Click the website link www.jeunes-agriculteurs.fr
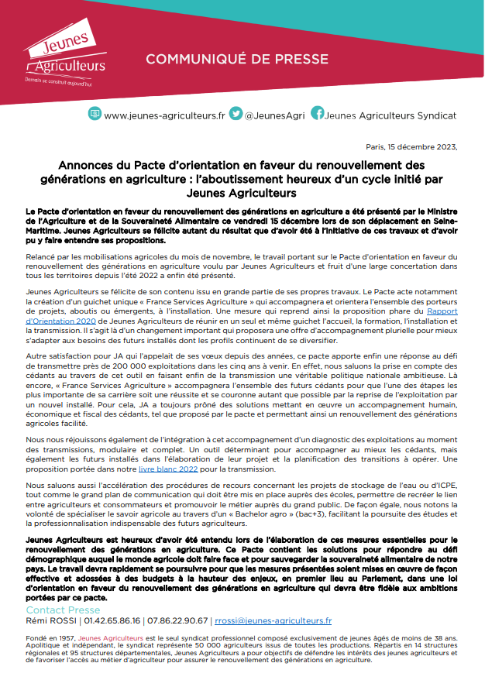coord(164,115)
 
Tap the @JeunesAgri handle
coord(273,115)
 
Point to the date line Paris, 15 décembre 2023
coord(411,146)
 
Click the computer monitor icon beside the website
coord(95,114)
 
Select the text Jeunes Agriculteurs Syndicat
coord(391,115)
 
